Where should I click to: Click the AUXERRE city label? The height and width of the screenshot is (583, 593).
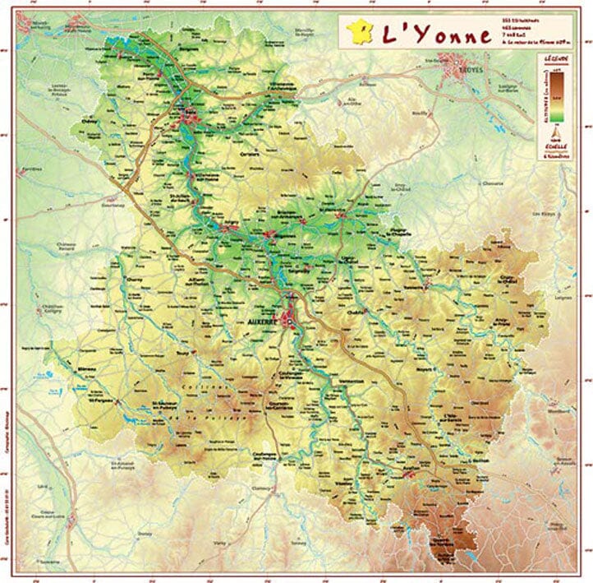tap(263, 322)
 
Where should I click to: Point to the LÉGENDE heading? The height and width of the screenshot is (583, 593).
tap(555, 60)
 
